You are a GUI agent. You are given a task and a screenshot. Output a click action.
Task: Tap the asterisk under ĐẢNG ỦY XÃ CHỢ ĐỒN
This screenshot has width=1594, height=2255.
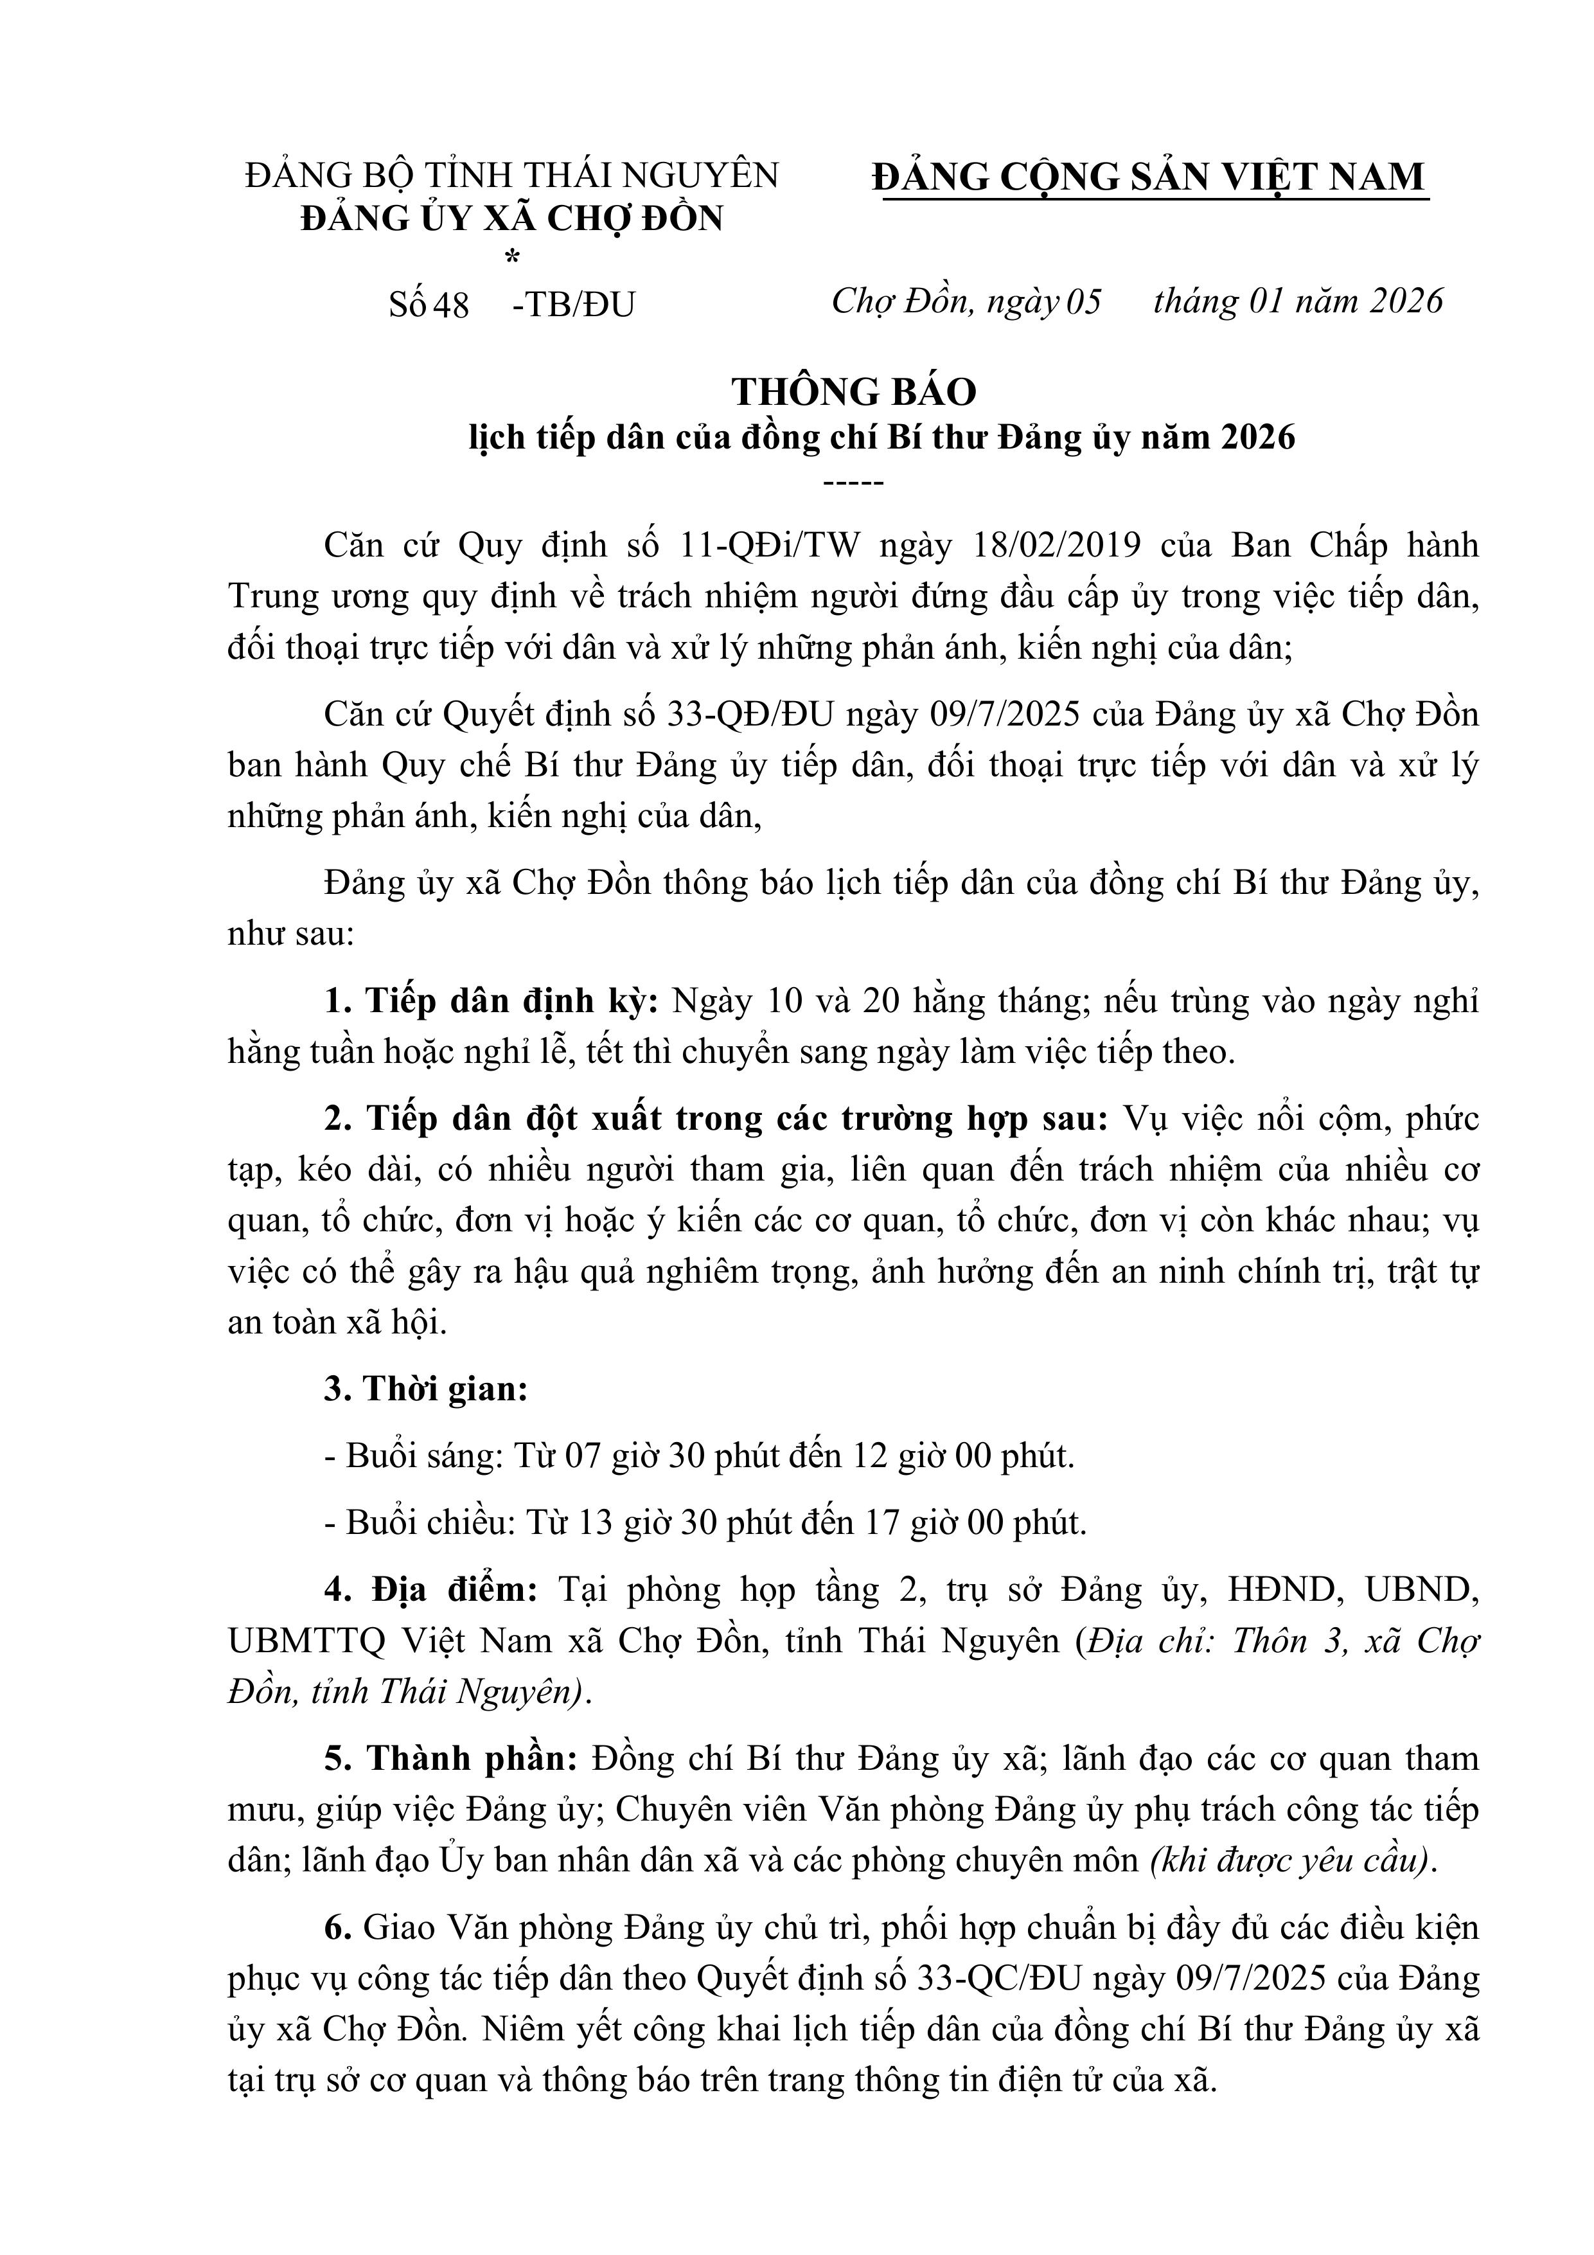point(511,259)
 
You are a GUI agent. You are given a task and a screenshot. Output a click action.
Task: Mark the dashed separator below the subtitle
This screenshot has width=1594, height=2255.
point(853,482)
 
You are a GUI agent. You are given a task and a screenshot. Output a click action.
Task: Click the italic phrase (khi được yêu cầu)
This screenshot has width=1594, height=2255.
point(1289,1860)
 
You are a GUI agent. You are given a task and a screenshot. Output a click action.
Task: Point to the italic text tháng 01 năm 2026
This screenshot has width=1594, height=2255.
point(1297,301)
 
